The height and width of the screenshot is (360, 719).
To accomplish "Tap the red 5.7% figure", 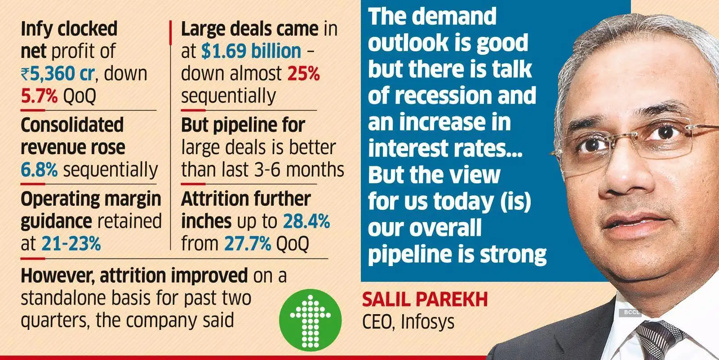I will [39, 96].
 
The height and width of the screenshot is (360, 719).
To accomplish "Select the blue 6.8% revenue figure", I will [39, 170].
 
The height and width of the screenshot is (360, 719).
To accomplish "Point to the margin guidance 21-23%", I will [71, 244].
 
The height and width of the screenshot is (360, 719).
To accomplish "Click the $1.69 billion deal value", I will [251, 51].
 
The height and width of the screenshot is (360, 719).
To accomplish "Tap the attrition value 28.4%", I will [306, 221].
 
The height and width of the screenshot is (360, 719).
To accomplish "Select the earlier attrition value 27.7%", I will [248, 244].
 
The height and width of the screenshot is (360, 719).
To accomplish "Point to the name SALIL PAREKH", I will [425, 299].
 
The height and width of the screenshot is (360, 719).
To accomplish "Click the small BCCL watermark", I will [631, 312].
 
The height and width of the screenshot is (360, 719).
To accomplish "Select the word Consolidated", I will [72, 125].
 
